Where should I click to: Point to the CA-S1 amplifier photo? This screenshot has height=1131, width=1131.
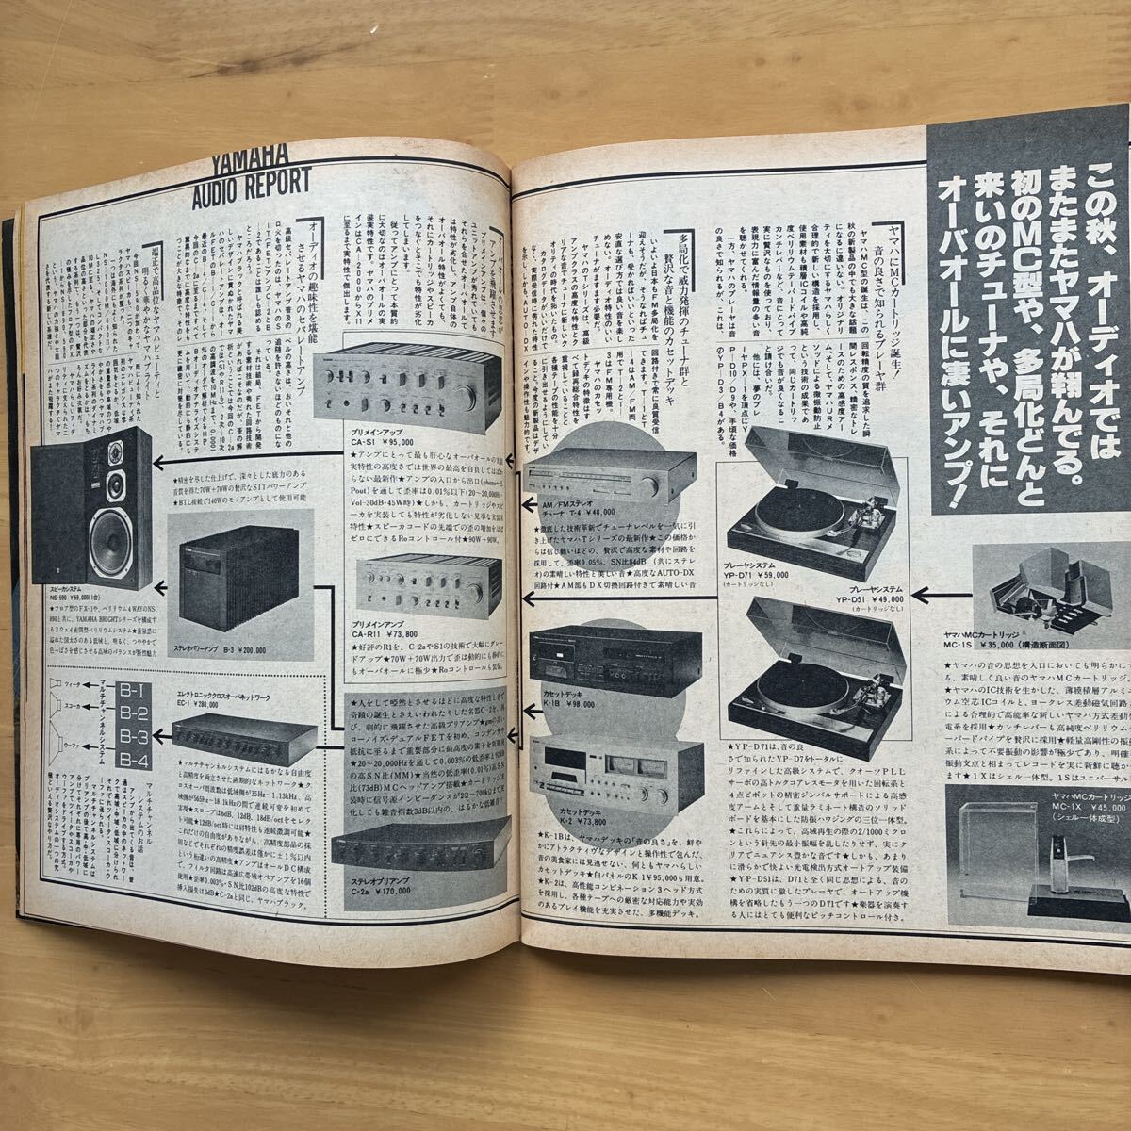[409, 388]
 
